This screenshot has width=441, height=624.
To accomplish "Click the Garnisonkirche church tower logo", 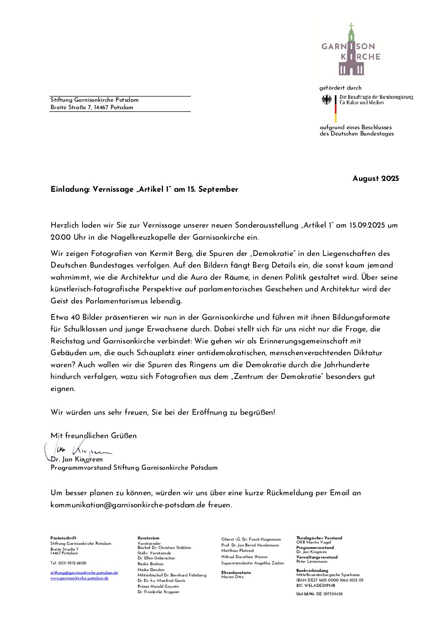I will pos(351,50).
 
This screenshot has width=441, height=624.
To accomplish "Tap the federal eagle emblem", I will pos(327,100).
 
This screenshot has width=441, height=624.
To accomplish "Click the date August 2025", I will pos(376,178).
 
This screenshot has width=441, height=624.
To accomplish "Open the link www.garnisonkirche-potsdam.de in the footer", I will pos(79,578).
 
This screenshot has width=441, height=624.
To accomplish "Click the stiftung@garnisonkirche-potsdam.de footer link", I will pos(84,573).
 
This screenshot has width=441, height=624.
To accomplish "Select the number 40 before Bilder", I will pos(75,317).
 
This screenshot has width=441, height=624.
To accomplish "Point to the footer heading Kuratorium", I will pos(148,538).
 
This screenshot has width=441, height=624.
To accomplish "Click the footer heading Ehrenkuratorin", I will pos(236,573).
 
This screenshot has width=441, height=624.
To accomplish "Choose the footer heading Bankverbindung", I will pos(312,571).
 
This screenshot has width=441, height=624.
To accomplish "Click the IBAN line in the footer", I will pos(330,580).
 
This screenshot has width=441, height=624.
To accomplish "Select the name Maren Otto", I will pos(232,577).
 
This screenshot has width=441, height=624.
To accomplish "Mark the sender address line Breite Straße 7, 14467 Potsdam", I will pos(92,108).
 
